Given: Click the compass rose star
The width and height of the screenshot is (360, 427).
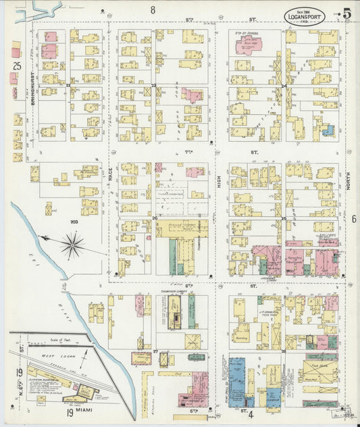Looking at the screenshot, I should pyautogui.click(x=72, y=244).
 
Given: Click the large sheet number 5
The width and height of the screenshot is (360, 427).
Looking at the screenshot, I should pyautogui.click(x=346, y=14).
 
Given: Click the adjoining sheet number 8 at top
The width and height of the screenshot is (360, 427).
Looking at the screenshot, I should pyautogui.click(x=153, y=9).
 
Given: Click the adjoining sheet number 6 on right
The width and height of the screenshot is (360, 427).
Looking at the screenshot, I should pyautogui.click(x=353, y=219).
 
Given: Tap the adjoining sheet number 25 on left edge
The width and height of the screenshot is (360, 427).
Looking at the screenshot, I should pyautogui.click(x=17, y=66).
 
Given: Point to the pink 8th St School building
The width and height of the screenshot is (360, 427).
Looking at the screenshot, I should pyautogui.click(x=249, y=45).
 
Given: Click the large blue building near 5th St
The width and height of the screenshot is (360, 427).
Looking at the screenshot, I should pyautogui.click(x=237, y=382).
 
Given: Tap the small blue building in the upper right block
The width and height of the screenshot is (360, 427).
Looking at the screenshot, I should pyautogui.click(x=328, y=130).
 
